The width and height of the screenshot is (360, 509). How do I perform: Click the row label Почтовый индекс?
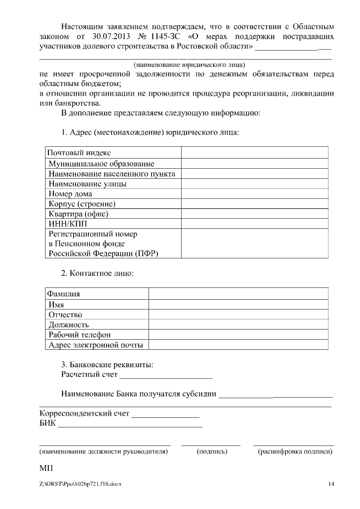[79, 152]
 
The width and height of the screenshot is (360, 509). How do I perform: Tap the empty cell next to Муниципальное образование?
[254, 163]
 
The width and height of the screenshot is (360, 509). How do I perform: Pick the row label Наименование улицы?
[87, 183]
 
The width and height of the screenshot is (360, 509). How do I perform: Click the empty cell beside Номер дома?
[254, 193]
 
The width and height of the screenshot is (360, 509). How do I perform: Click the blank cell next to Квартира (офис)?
[254, 214]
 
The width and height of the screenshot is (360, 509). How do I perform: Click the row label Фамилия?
[64, 294]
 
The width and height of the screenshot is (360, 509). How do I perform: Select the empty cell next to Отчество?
[238, 314]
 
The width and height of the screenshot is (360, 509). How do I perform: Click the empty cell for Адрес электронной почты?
[238, 345]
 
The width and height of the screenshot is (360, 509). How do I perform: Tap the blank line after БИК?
[130, 424]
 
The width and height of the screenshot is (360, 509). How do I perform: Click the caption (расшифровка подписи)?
[294, 451]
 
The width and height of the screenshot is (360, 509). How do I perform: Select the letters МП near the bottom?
[45, 468]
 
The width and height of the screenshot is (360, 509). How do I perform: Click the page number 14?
[331, 484]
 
